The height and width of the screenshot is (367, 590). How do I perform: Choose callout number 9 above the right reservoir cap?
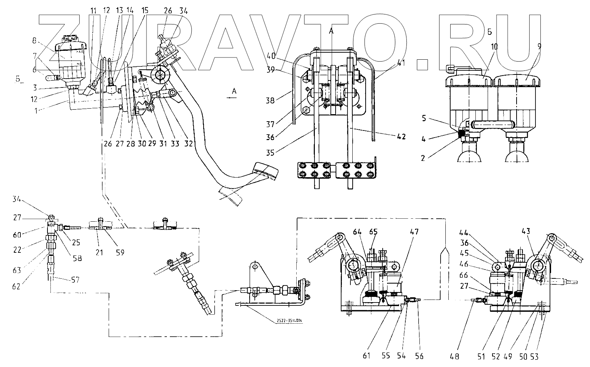pos(539,47)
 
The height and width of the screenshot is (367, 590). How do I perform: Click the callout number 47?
pos(414,232)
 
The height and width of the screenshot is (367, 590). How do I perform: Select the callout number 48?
pos(455,356)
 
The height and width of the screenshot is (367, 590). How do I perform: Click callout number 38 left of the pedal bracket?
pos(270,100)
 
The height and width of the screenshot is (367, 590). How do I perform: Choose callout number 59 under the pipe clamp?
pos(120,252)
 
